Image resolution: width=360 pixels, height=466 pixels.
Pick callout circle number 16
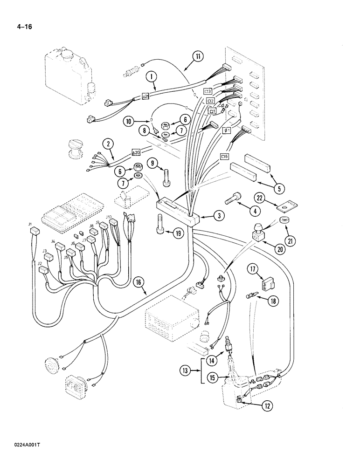(x=138, y=281)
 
